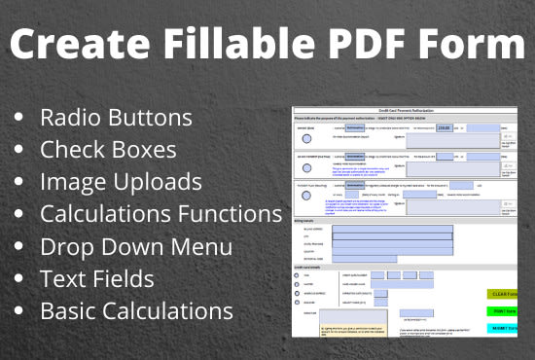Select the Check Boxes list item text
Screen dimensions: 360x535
[x=108, y=150]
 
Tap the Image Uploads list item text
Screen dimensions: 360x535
[x=121, y=182]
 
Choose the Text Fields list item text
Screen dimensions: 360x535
[x=97, y=279]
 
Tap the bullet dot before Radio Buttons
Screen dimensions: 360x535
[x=19, y=119]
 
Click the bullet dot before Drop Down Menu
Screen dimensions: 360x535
[x=19, y=247]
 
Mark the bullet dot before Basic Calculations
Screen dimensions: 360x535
[x=19, y=311]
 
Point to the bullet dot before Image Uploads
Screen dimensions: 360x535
[x=19, y=183]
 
